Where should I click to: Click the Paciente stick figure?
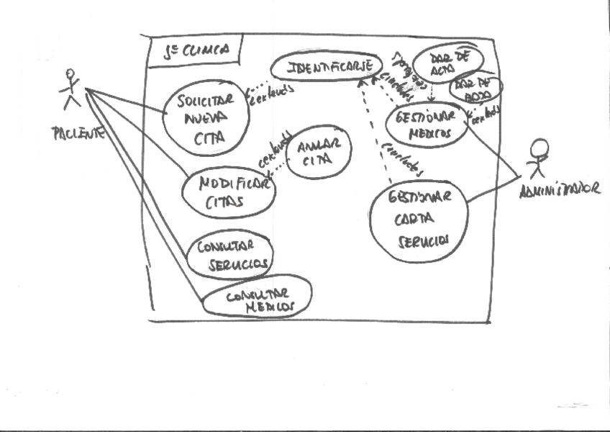pyautogui.click(x=70, y=90)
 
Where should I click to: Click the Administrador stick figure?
pyautogui.click(x=536, y=160)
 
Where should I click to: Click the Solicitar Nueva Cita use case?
pyautogui.click(x=200, y=117)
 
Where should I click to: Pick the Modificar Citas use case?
pyautogui.click(x=227, y=192)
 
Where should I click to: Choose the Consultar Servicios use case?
pyautogui.click(x=229, y=256)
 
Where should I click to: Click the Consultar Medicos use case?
pyautogui.click(x=258, y=297)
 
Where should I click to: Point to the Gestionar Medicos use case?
pyautogui.click(x=427, y=125)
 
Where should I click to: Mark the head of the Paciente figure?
pyautogui.click(x=70, y=73)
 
